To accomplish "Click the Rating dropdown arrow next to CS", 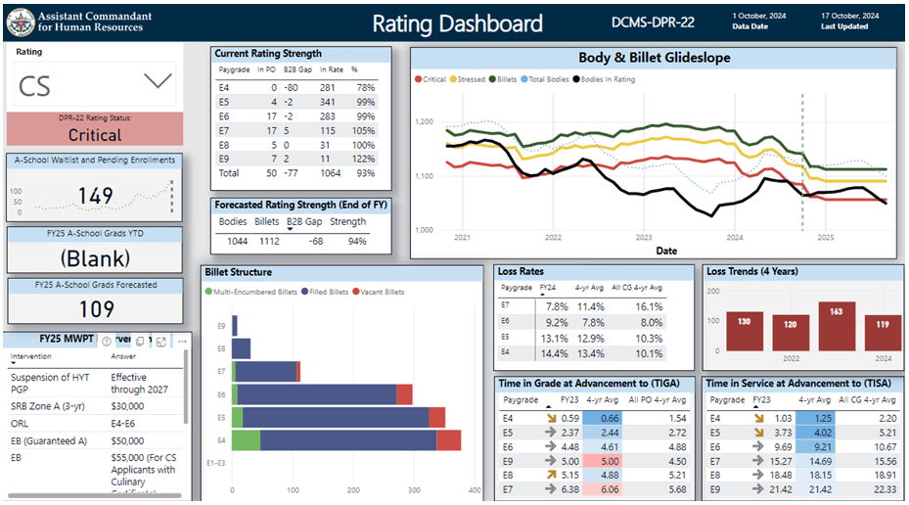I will [158, 82].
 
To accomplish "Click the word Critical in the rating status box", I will [95, 135].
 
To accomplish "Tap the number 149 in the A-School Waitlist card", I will [96, 197].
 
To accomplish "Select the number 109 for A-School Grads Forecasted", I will [95, 309].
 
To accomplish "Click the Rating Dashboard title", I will [458, 23].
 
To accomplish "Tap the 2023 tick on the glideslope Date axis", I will [644, 238].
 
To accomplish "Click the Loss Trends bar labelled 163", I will [831, 326].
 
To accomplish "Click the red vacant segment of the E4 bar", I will [448, 440].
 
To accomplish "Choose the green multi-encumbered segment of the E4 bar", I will [246, 440].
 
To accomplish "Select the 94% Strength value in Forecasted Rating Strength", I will [353, 241].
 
